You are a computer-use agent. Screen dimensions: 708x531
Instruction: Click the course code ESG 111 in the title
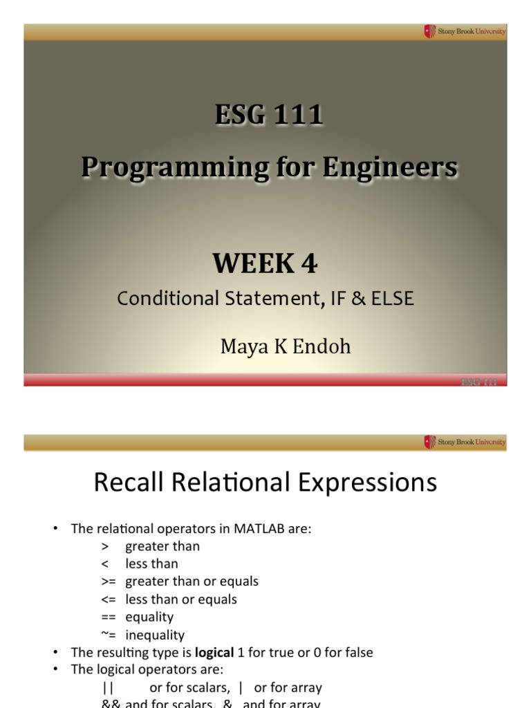click(x=268, y=115)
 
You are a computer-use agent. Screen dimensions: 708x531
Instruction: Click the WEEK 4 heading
click(x=265, y=263)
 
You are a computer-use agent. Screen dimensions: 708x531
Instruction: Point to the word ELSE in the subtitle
click(x=393, y=299)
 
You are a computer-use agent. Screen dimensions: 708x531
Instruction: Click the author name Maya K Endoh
click(x=286, y=346)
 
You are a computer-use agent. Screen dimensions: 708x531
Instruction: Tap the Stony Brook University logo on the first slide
click(x=465, y=31)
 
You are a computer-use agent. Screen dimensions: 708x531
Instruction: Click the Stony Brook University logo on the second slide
click(x=465, y=442)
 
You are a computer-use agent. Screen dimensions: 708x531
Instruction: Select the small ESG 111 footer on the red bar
click(x=479, y=382)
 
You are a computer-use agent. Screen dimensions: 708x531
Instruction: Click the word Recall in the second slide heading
click(x=132, y=483)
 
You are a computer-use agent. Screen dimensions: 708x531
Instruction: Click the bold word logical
click(x=215, y=652)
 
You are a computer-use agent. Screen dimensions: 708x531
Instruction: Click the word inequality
click(x=155, y=635)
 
